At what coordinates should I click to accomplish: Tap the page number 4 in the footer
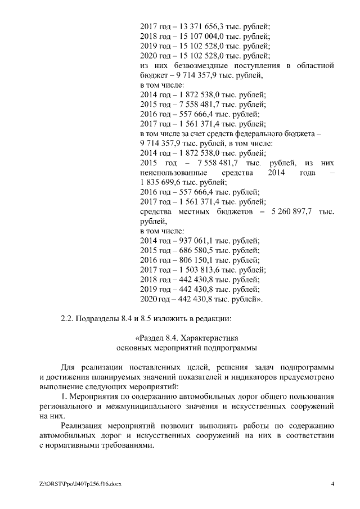332,484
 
